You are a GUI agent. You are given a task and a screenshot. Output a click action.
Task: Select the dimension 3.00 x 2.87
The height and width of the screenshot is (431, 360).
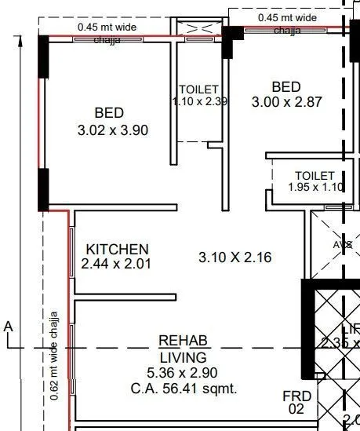click(286, 102)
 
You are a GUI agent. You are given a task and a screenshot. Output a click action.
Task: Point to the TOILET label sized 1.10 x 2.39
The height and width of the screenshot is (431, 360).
click(198, 89)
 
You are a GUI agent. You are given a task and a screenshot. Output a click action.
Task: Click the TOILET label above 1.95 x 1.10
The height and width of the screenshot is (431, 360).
click(315, 175)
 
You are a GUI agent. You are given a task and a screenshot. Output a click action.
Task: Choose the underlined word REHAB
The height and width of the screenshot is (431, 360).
click(183, 341)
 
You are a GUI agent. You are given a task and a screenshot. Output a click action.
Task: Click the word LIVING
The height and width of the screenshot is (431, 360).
click(183, 356)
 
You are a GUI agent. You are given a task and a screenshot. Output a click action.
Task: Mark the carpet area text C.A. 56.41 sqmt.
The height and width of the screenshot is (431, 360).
click(183, 388)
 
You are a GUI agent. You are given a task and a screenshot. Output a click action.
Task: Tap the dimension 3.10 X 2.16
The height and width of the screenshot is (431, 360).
click(235, 257)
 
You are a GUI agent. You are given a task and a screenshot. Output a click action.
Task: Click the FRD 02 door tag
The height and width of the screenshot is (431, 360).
click(297, 402)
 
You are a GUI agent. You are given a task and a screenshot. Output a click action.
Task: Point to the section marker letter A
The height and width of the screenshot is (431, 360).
click(8, 326)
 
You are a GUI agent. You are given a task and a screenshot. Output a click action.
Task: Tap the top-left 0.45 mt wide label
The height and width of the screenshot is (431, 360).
click(108, 26)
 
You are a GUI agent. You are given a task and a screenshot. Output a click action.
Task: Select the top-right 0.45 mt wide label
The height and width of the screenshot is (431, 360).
click(287, 16)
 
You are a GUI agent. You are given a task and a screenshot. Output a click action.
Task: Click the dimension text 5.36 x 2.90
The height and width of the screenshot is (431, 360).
click(183, 372)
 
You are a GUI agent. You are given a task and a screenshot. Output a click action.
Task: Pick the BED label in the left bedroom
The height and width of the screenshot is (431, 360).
click(110, 113)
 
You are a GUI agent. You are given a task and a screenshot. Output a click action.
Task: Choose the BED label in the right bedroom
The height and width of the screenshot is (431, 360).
click(286, 86)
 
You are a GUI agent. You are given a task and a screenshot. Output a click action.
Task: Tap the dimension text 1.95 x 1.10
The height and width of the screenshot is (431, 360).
click(315, 187)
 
